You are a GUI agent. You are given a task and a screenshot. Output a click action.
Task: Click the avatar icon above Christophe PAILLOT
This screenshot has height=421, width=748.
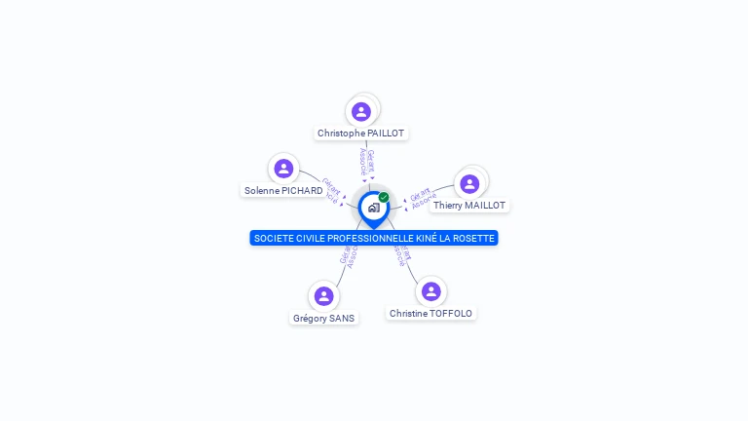coord(361,111)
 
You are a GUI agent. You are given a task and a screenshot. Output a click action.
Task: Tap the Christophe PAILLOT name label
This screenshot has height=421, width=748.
coord(360,134)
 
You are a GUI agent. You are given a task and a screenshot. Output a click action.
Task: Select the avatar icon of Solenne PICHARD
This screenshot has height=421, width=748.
coord(283,169)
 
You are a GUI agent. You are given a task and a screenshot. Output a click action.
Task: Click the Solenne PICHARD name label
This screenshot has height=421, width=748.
coord(283,191)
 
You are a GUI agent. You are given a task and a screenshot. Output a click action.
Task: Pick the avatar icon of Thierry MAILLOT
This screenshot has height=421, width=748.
coord(469,183)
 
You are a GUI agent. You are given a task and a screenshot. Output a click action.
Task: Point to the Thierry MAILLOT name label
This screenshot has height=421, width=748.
coord(469,206)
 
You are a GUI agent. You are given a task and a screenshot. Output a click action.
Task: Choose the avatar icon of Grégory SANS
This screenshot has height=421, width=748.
coord(324,295)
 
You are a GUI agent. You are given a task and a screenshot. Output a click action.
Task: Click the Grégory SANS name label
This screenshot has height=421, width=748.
coord(324,318)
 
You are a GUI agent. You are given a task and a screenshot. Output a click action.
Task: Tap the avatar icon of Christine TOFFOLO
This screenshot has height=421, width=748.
coord(431,291)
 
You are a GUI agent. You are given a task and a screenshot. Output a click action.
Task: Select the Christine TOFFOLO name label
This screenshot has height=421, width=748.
coord(430,314)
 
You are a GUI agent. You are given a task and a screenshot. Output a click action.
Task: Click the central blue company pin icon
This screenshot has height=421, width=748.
coord(373,208)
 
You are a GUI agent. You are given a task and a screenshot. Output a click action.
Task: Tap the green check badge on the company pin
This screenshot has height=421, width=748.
coord(384,198)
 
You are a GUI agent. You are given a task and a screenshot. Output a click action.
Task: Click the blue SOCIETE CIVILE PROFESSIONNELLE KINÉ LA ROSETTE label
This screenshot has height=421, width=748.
coord(374,238)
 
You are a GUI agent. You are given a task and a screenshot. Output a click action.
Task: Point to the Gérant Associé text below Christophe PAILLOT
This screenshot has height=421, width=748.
coord(366,162)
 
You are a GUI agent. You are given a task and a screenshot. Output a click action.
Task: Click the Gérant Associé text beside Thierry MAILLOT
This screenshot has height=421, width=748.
coord(422,197)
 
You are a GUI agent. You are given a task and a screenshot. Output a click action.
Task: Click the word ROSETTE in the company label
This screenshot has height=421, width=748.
coord(474,238)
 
